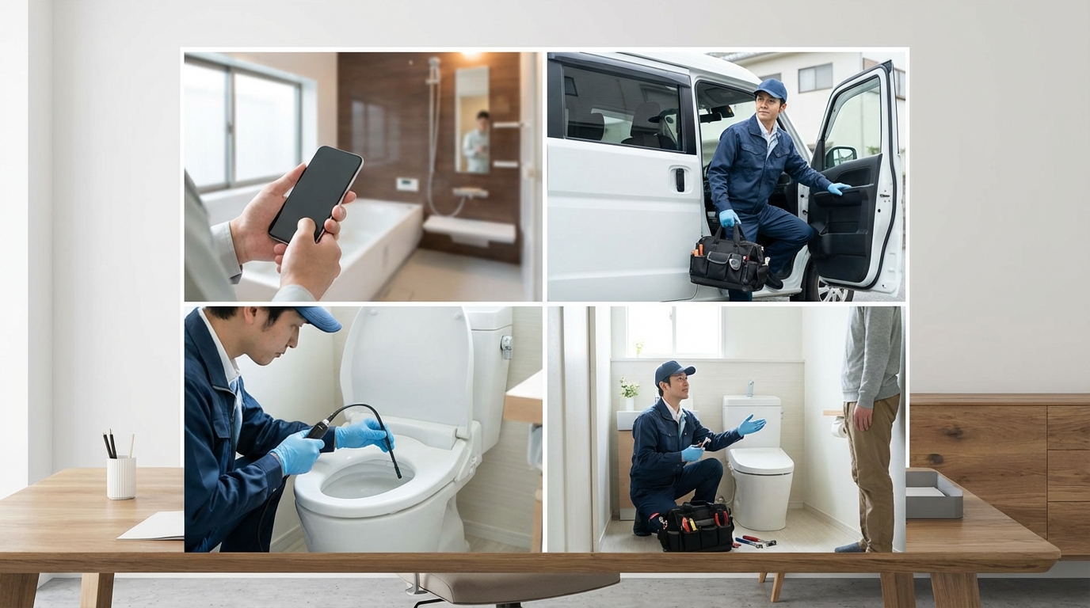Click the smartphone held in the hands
315,194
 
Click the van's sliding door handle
679,180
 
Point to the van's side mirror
840,155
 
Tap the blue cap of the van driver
771,89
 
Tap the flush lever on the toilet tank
506,347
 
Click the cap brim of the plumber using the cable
321,321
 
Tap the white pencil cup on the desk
121,477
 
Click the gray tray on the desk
935,494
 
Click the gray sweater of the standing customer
871,356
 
